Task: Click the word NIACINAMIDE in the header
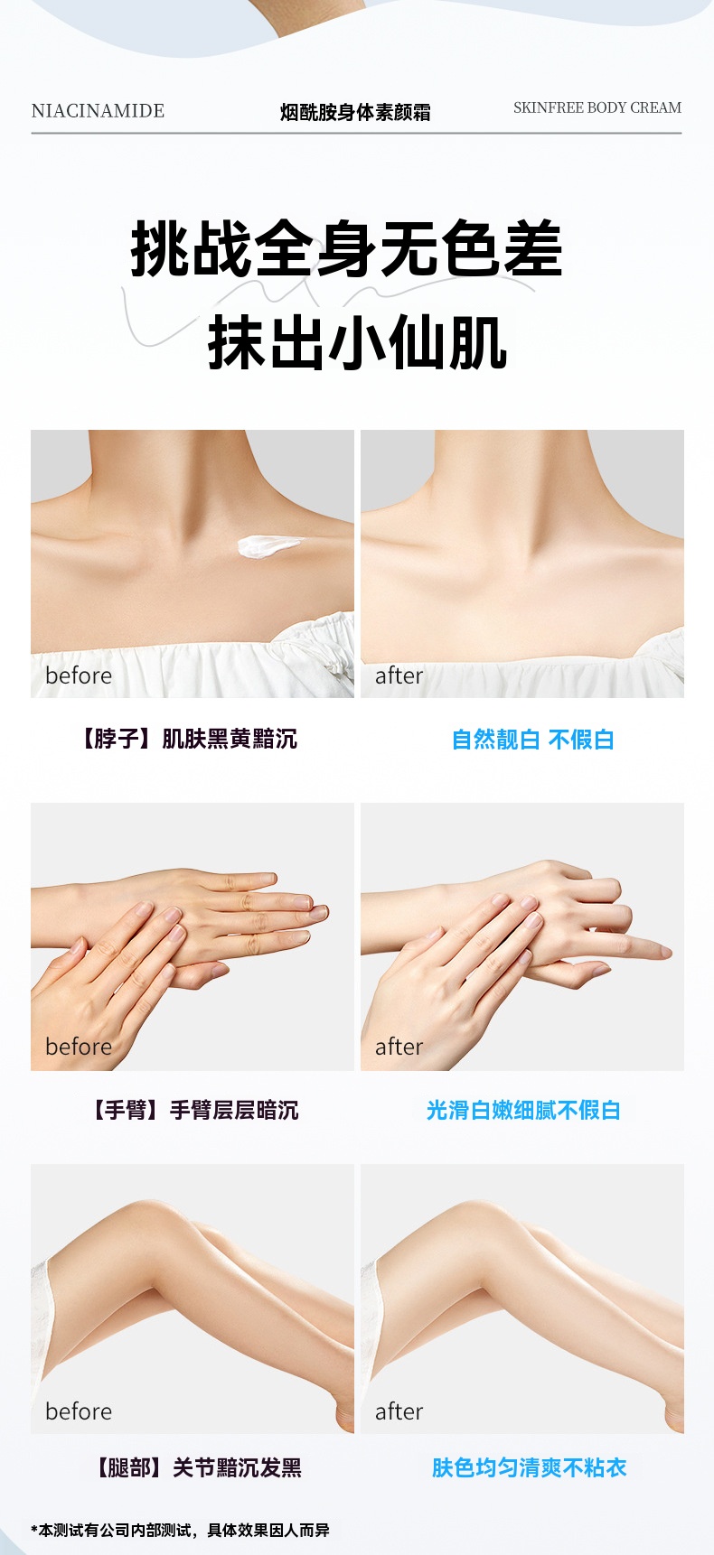point(98,111)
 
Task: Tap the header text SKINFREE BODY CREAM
point(597,107)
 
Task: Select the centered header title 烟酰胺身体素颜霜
point(355,112)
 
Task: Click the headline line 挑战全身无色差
point(347,250)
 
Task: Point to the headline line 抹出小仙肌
point(357,343)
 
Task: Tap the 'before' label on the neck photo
point(79,675)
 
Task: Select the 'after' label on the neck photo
point(399,675)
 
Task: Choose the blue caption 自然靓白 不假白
point(532,740)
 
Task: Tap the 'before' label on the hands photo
point(79,1047)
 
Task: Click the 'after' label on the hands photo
point(399,1047)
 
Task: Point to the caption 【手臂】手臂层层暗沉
point(192,1110)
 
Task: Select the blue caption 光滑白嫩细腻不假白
point(522,1110)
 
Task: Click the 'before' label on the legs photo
point(79,1411)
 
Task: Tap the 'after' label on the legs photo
point(399,1411)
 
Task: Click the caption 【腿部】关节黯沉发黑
point(197,1467)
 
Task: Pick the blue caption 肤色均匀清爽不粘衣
point(529,1467)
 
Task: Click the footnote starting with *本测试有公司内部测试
point(181,1530)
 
